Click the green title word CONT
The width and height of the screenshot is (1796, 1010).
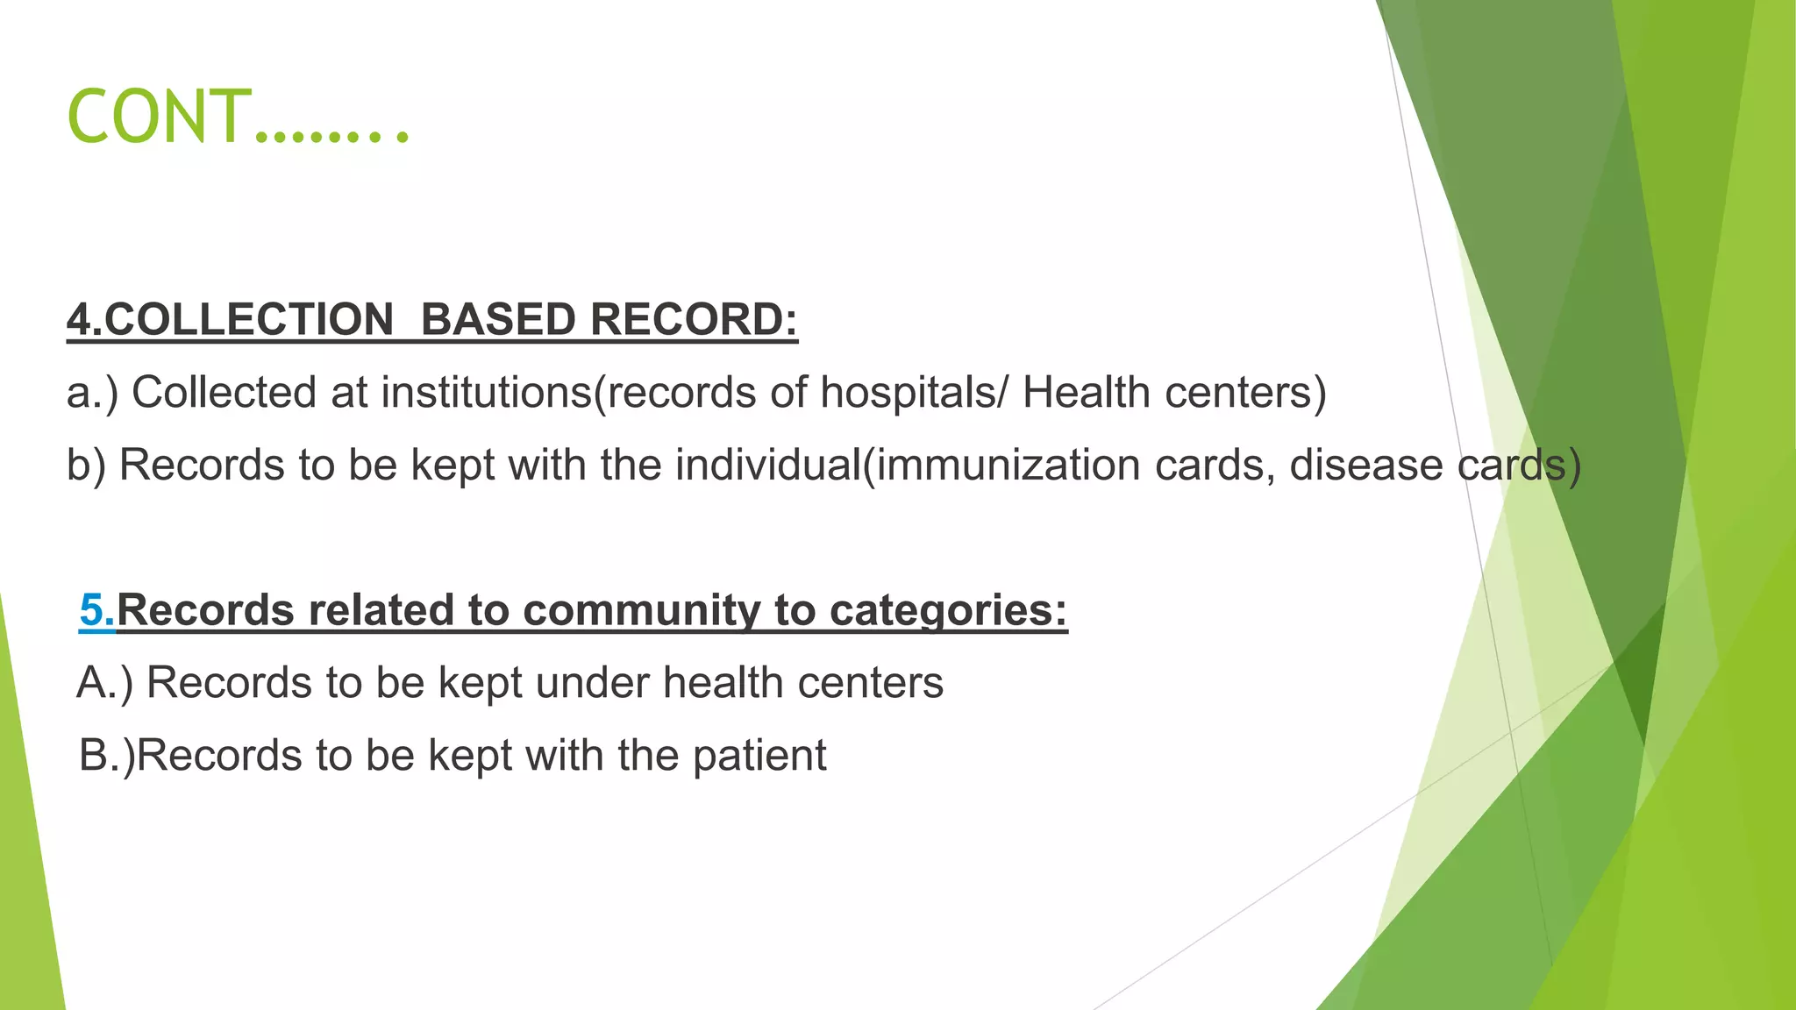click(x=158, y=117)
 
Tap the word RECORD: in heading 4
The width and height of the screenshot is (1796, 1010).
click(x=694, y=319)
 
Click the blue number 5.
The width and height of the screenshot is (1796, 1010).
click(x=96, y=609)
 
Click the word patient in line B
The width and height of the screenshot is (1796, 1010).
click(x=759, y=756)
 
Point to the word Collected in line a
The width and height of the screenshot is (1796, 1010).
click(x=224, y=392)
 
